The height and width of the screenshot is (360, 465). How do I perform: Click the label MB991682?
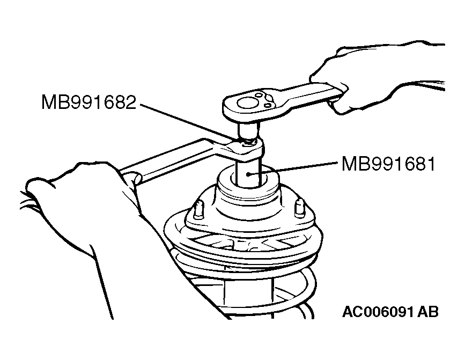88,102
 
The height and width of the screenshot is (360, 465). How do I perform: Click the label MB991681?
388,164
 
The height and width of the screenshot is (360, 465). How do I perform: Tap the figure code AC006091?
378,312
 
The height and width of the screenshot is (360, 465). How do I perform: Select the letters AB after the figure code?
428,312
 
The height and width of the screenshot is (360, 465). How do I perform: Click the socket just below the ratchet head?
248,130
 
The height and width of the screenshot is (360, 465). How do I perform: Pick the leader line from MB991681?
293,168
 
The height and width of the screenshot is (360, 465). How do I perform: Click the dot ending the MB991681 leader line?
248,175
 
